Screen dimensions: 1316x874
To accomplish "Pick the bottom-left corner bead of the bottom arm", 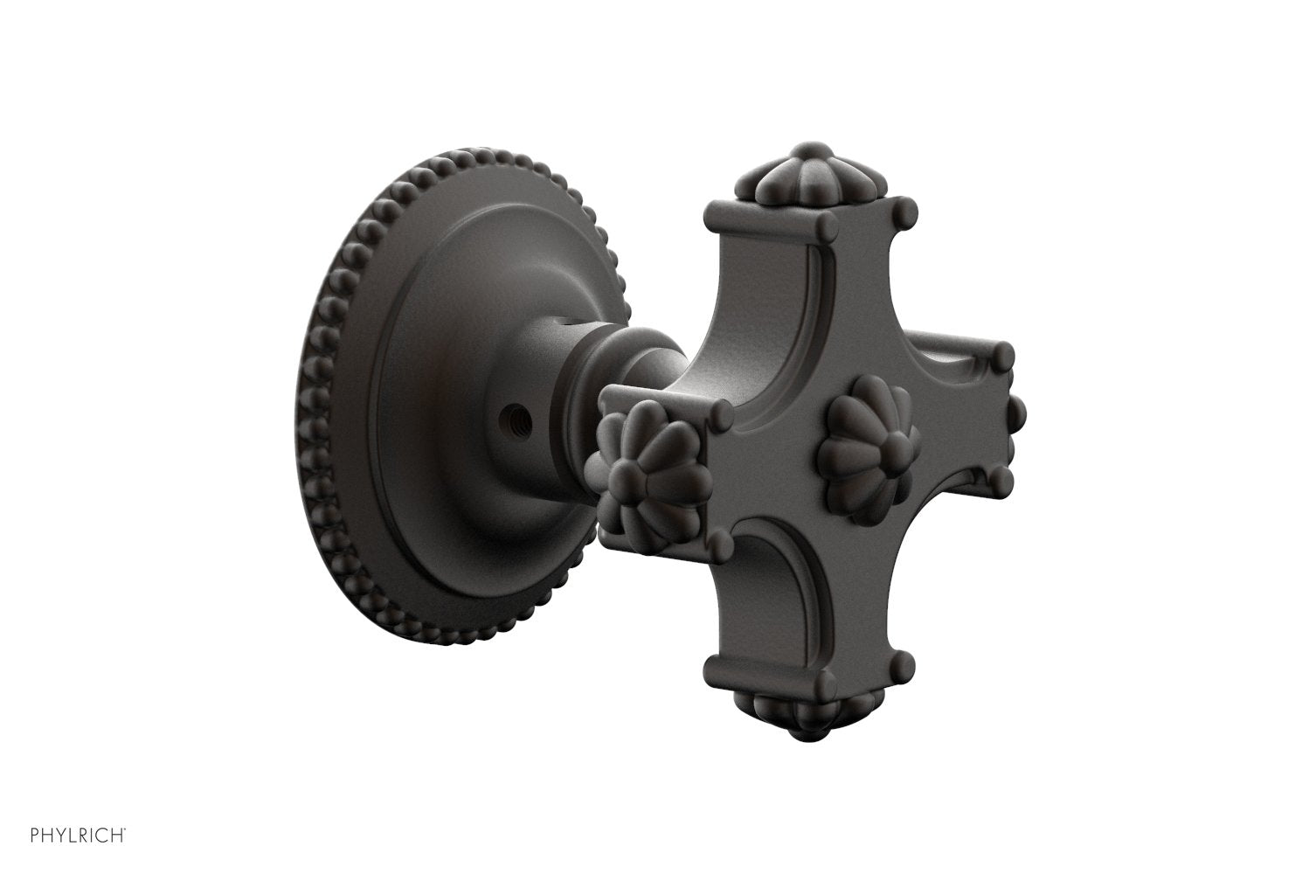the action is tap(716, 668).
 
